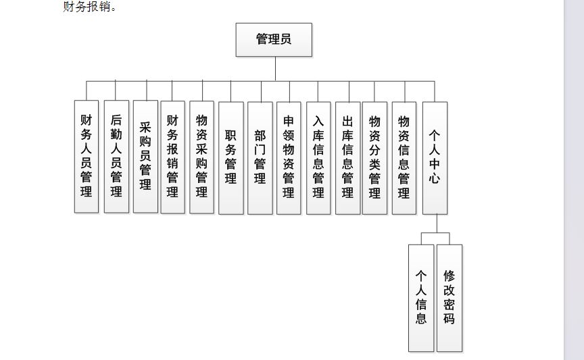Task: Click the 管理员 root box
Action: click(274, 40)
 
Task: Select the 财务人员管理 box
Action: click(87, 156)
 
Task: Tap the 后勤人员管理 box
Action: click(116, 156)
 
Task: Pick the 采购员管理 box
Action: click(145, 156)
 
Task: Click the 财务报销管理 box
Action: click(172, 157)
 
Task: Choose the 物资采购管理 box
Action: click(201, 157)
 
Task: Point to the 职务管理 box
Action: click(231, 158)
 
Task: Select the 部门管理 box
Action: click(260, 158)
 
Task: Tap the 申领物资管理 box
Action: click(289, 158)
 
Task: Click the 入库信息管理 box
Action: click(318, 158)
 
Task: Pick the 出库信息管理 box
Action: click(348, 158)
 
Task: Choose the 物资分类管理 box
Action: click(374, 158)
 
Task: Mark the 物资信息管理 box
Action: click(404, 158)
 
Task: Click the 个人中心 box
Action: click(435, 158)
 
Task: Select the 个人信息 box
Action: click(421, 298)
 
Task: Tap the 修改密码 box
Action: click(449, 298)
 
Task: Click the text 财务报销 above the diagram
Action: click(87, 6)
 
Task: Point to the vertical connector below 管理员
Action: click(275, 68)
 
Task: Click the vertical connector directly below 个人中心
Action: click(437, 224)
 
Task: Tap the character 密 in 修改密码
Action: click(449, 304)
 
